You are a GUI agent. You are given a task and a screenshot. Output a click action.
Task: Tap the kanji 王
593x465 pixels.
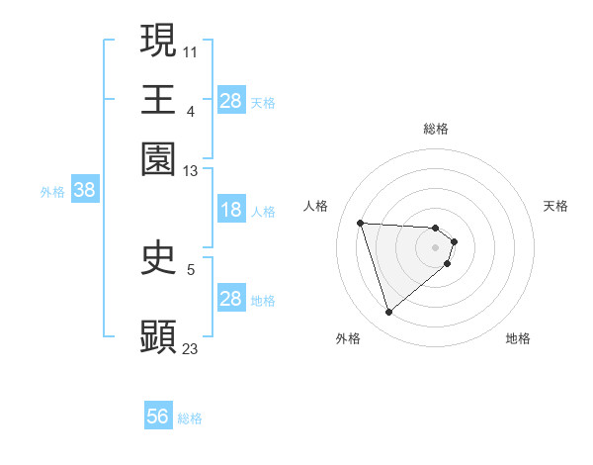tap(158, 99)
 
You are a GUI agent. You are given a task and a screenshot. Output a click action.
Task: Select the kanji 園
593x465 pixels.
tap(158, 159)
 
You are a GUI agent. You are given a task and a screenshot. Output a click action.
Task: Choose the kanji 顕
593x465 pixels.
tap(158, 337)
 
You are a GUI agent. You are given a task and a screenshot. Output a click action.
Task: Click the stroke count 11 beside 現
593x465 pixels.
tap(191, 50)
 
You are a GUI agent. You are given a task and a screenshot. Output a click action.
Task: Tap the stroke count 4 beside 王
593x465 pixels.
tap(191, 110)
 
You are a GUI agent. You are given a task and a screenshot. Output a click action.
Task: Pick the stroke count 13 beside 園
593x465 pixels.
tap(191, 171)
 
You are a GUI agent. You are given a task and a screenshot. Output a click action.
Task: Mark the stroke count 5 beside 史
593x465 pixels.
tap(191, 268)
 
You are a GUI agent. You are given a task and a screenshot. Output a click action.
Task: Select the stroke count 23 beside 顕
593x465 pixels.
tap(191, 348)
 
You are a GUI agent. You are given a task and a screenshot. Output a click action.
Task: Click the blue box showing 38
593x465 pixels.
tap(84, 191)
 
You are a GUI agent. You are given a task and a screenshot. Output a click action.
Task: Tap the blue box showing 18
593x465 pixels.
tap(230, 210)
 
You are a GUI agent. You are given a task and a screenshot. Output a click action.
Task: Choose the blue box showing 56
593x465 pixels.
tap(158, 417)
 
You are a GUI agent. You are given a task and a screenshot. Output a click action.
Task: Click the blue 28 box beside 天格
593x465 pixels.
tap(230, 101)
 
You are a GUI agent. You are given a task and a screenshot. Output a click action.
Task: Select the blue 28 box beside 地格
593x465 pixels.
tap(230, 299)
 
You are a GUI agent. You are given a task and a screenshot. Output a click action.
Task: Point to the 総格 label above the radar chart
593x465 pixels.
tap(436, 129)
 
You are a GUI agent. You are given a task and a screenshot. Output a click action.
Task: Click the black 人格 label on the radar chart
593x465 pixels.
tap(316, 206)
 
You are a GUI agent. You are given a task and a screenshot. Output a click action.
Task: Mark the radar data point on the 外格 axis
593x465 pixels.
tap(388, 313)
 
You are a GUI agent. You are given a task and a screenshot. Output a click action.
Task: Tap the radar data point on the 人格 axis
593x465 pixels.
tap(361, 223)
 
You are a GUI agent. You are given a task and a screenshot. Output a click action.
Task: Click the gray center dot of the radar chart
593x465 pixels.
tap(436, 246)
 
